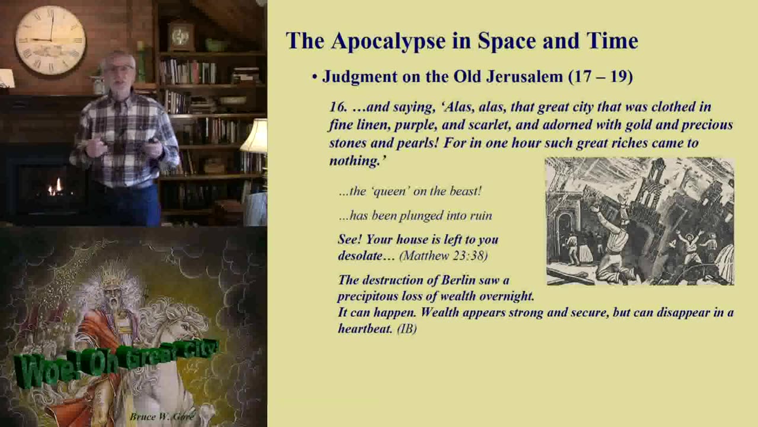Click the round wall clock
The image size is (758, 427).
tap(50, 40)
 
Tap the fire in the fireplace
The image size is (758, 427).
tap(56, 188)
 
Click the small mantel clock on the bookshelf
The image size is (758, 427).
tap(181, 36)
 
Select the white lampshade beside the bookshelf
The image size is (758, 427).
tap(255, 136)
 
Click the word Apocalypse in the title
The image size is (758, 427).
tap(388, 41)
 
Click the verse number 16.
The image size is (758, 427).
tap(338, 107)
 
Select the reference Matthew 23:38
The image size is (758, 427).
tap(444, 256)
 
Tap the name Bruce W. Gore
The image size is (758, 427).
tap(163, 416)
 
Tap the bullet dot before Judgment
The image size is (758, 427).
tap(314, 77)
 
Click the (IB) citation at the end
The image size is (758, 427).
tap(407, 329)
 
